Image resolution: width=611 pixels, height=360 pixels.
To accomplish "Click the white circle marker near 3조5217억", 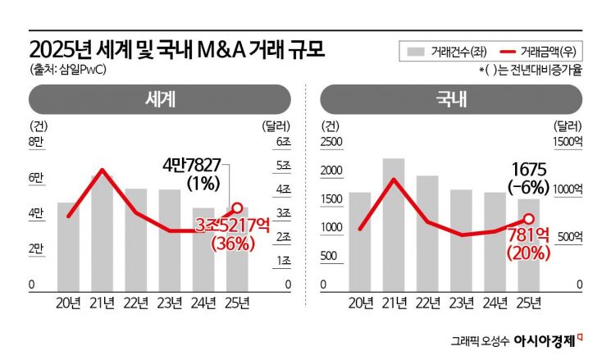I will tap(238, 207).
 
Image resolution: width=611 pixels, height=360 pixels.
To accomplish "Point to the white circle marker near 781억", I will tap(529, 218).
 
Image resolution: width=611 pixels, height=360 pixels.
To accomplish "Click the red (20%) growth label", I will tap(528, 253).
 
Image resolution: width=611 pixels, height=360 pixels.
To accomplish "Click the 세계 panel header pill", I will tap(161, 99).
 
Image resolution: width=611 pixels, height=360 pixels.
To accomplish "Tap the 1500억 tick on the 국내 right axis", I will tap(565, 143).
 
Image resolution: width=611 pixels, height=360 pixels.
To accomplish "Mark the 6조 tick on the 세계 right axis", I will tap(282, 143).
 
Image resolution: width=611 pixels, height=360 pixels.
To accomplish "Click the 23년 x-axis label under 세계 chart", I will tap(170, 303).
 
